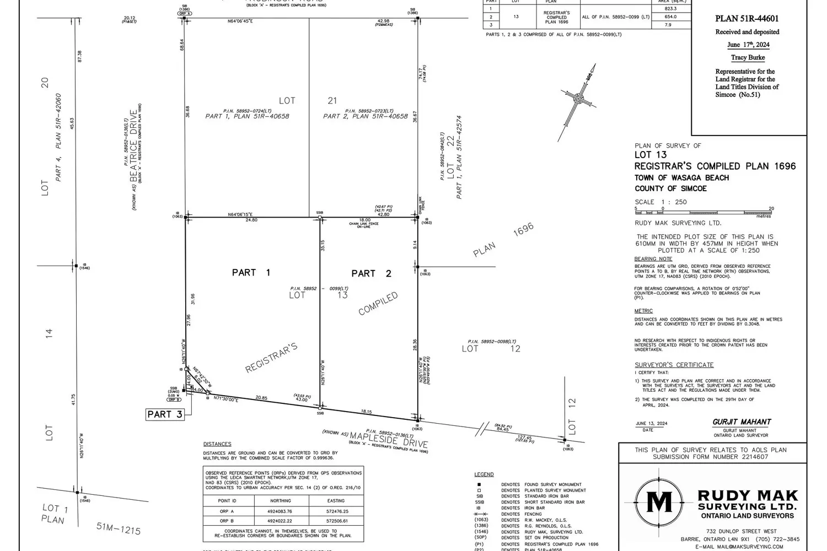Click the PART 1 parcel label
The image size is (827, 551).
point(251,272)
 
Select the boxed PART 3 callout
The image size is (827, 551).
point(165,414)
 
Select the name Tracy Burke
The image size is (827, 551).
point(748,57)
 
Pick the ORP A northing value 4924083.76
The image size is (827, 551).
point(280,511)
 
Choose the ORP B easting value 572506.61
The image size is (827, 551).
point(336,521)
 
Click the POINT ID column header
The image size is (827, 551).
point(227,501)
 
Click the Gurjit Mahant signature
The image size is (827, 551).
point(742,422)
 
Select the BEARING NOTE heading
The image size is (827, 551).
point(653,259)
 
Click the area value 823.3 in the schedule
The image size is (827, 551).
point(670,9)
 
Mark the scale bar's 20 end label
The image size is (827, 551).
point(771,208)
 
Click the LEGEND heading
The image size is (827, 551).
point(484,474)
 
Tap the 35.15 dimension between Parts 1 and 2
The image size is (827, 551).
point(323,245)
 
